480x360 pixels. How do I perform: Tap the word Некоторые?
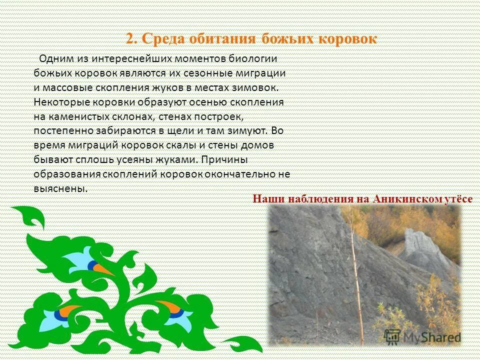(60, 102)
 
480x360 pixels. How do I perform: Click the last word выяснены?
(60, 189)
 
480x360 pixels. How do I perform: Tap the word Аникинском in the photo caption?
(406, 198)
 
